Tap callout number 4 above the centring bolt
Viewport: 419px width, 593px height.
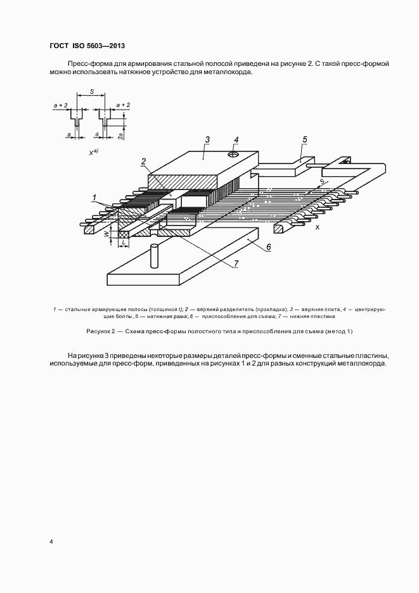(236, 140)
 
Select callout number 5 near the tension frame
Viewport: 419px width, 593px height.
(304, 140)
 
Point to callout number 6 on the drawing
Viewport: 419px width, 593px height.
(268, 248)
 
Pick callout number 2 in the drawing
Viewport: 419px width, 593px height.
(144, 161)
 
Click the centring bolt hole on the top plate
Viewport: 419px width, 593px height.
(234, 154)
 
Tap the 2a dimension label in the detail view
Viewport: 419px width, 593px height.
(120, 134)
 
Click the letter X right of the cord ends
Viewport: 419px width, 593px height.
(317, 226)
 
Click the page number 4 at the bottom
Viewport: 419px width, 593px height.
(51, 542)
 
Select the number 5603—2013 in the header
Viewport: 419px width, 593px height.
(108, 46)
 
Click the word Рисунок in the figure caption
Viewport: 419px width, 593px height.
(98, 331)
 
